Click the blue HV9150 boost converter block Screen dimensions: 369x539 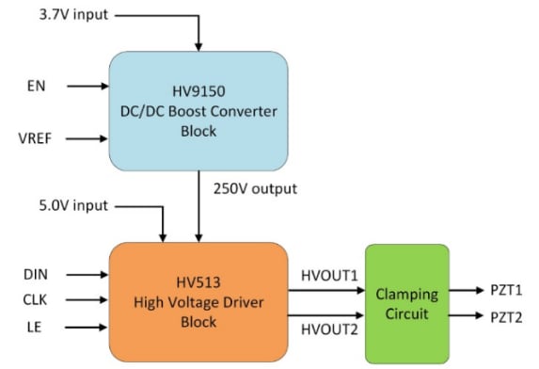tap(198, 111)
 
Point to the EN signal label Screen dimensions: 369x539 tap(36, 86)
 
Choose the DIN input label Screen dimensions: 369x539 tap(36, 274)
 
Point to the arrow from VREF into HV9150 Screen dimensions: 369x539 tap(85, 139)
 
